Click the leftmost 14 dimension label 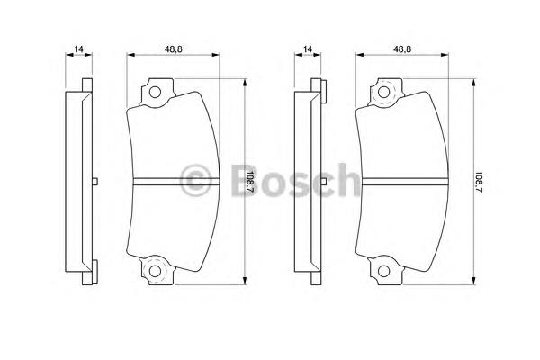[79, 49]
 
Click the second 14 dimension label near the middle [308, 49]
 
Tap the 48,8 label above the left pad [173, 49]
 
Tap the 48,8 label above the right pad [402, 49]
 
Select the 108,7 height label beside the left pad [250, 183]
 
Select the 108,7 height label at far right [479, 183]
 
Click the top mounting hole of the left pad [155, 93]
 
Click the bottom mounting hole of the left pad [155, 272]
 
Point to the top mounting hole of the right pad [383, 93]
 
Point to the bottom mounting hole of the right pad [383, 272]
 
